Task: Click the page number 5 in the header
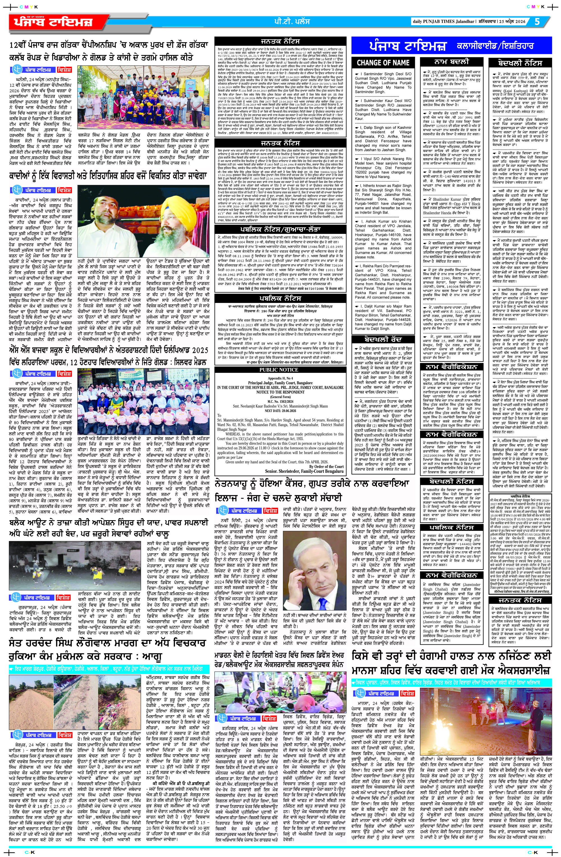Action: pos(537,21)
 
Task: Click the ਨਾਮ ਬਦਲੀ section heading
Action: pos(452,62)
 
